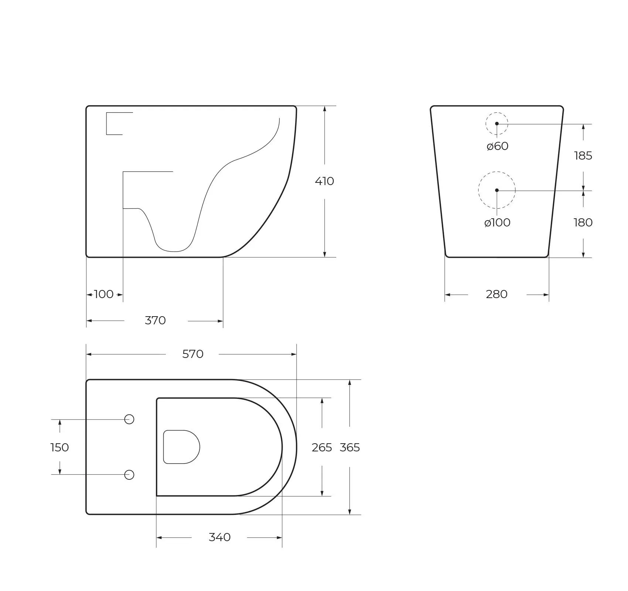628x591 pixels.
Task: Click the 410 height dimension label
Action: click(324, 181)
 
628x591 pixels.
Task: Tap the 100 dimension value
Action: click(104, 294)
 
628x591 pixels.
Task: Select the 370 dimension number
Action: click(155, 320)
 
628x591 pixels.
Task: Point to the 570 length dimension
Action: click(193, 354)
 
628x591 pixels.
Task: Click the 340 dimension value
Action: click(219, 537)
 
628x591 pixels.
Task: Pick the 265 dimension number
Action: click(322, 447)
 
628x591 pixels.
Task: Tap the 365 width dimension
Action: click(349, 447)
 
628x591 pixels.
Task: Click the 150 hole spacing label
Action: click(59, 447)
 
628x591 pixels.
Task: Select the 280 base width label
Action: click(496, 294)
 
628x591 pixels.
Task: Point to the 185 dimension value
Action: click(583, 156)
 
